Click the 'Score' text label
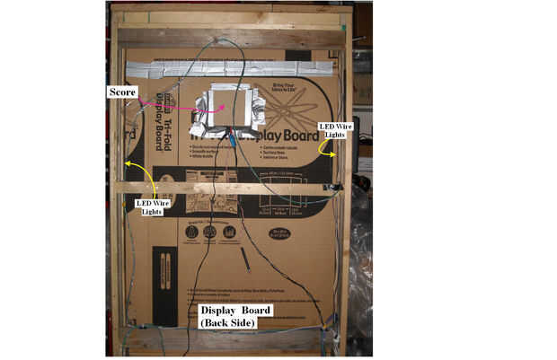point(123,92)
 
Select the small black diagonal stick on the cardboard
point(244,259)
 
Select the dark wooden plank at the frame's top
point(229,37)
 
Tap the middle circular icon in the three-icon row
point(210,233)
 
